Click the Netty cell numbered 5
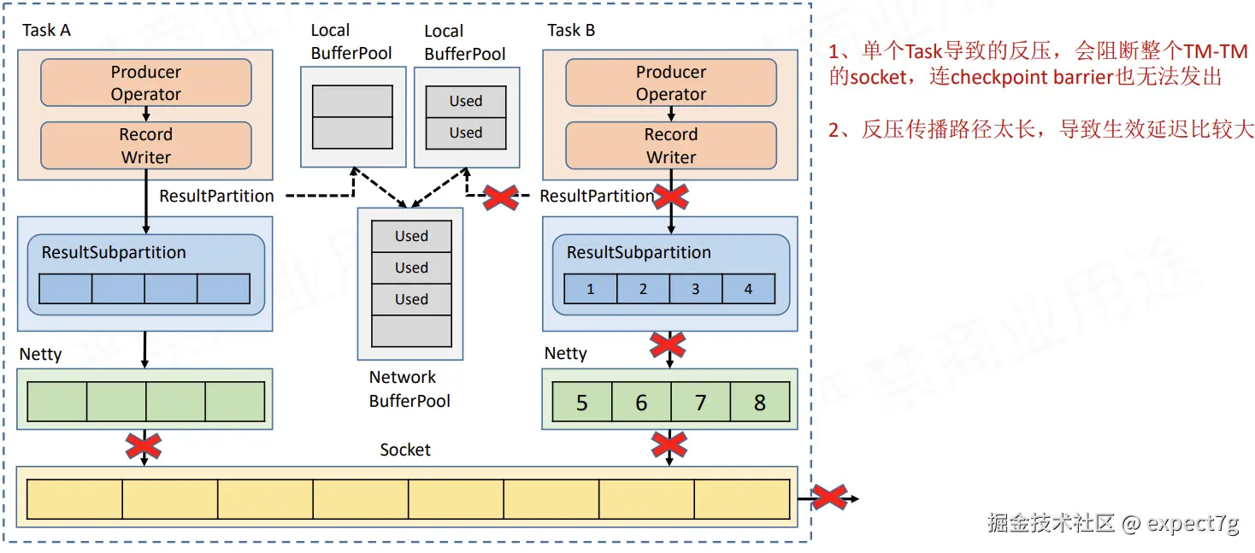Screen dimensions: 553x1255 pos(582,403)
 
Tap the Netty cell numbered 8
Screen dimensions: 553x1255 pos(759,403)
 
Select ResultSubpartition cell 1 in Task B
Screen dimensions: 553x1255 pos(591,289)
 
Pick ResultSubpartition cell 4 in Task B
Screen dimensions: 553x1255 pos(748,289)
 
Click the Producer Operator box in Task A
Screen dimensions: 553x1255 pos(146,83)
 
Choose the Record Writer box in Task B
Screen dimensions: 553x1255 pos(671,145)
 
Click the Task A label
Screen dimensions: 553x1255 pos(46,31)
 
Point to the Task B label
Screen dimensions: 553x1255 pos(571,31)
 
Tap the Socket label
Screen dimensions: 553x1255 pos(405,450)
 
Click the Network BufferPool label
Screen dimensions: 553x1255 pos(409,389)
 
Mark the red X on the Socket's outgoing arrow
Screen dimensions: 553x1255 pos(828,497)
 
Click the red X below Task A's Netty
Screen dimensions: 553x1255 pos(144,445)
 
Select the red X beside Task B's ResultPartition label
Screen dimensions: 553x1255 pos(503,197)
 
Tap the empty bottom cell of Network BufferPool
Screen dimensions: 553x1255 pos(411,331)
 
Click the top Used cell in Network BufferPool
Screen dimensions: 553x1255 pos(411,236)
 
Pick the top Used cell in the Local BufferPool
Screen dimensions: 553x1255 pos(466,101)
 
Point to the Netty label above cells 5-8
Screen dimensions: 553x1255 pos(566,353)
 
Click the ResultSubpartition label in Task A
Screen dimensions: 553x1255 pos(114,252)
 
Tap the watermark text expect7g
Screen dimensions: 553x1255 pos(1193,523)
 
